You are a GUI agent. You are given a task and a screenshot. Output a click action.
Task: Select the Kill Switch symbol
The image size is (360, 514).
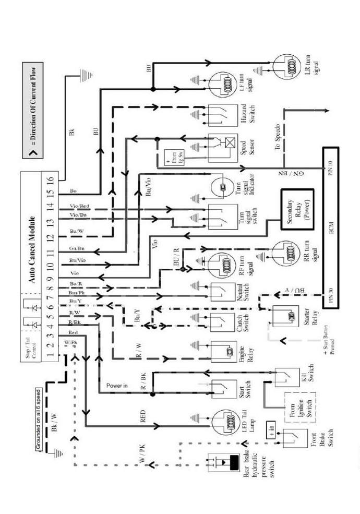click(x=287, y=378)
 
